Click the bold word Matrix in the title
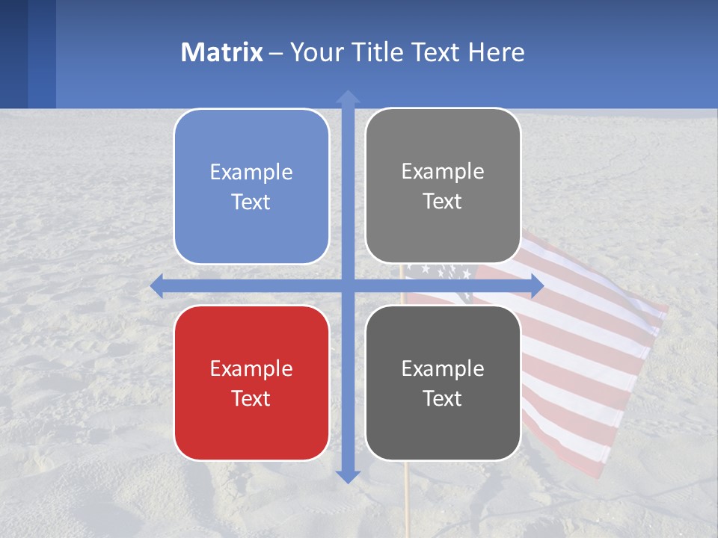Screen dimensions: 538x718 tap(221, 52)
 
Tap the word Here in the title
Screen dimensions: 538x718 tap(497, 52)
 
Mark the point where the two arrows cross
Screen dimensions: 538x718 tap(348, 286)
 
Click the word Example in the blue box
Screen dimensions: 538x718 tap(251, 173)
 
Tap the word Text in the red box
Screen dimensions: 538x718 tap(251, 398)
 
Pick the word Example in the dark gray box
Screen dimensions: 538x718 tap(443, 368)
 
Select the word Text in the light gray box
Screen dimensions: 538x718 tap(443, 202)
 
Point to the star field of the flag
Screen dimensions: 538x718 tap(441, 270)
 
